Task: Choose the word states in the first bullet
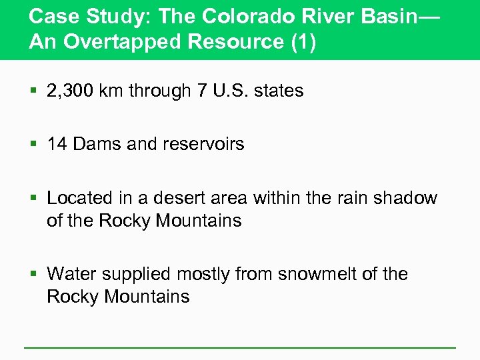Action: pos(279,91)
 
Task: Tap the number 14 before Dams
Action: pos(57,144)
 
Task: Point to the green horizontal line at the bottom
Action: pos(240,347)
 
